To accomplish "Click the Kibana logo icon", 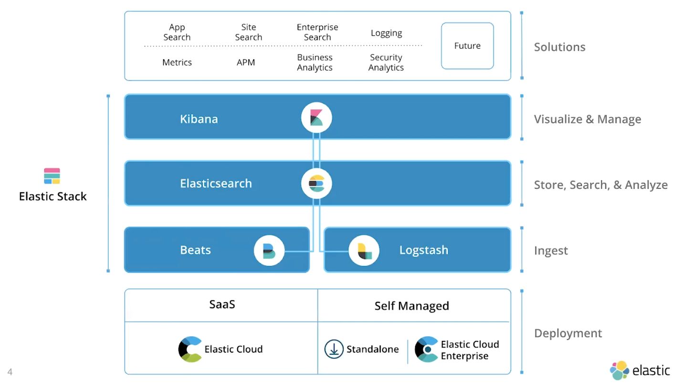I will (x=316, y=117).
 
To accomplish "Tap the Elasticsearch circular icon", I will (x=316, y=183).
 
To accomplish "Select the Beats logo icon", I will (x=269, y=250).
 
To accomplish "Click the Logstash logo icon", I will (x=364, y=250).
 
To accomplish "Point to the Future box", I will (x=467, y=46).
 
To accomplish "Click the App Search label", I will (x=177, y=32).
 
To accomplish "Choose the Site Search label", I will (x=249, y=32).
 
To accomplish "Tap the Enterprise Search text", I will (x=317, y=32).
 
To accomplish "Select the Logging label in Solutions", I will (x=386, y=33).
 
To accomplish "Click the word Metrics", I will (x=177, y=63).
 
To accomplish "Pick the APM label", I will (x=246, y=63).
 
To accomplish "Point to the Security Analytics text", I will (x=386, y=63).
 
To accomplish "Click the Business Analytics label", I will (x=315, y=63).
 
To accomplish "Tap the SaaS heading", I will (x=222, y=305).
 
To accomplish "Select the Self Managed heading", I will (x=411, y=306).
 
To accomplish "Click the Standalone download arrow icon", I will (x=334, y=349).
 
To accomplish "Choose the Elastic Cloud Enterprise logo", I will (x=426, y=349).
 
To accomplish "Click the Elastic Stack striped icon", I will (x=52, y=176).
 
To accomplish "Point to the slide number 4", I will (x=10, y=372).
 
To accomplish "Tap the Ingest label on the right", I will (x=551, y=251).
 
